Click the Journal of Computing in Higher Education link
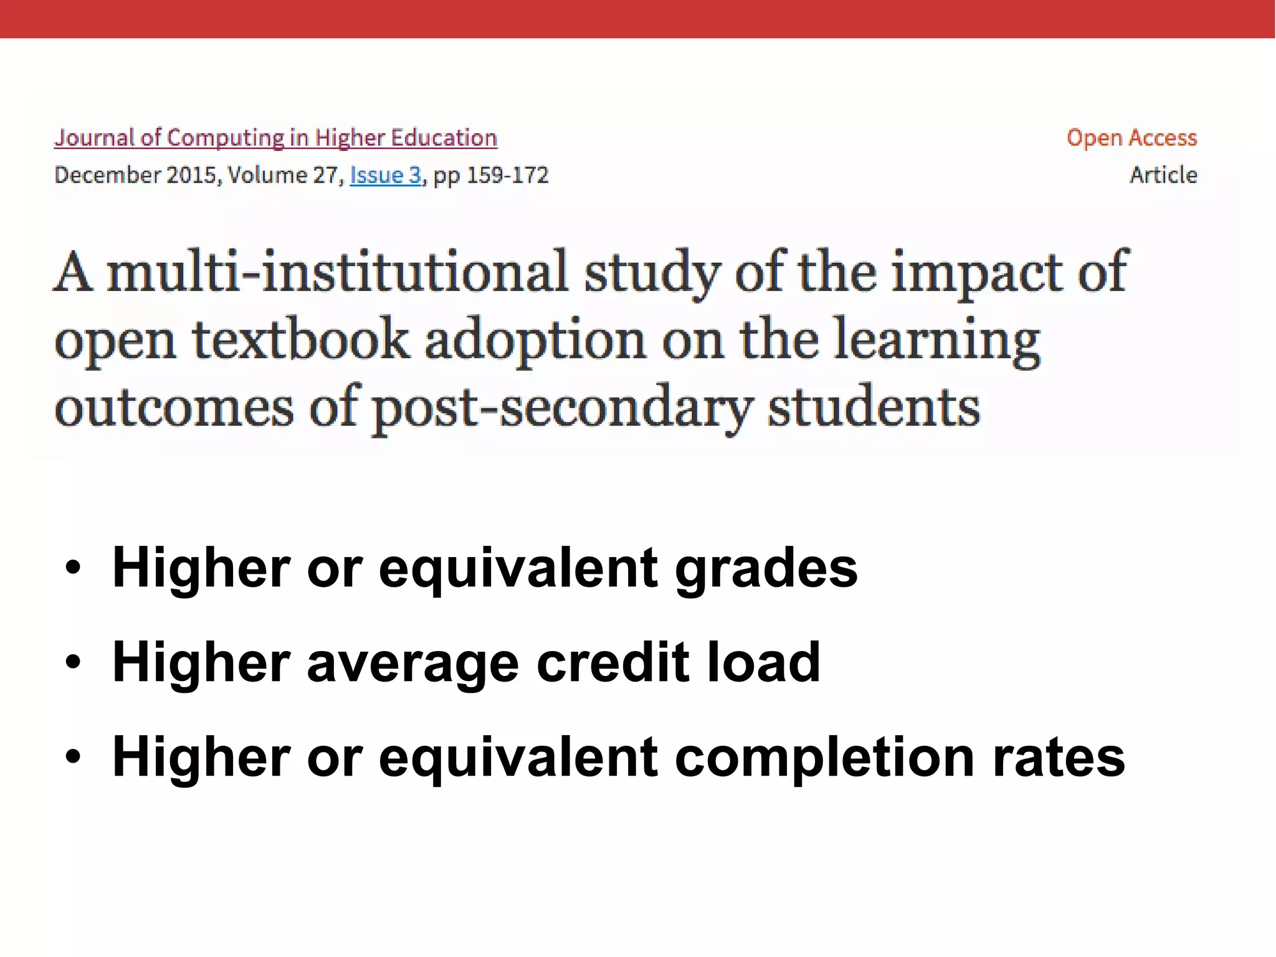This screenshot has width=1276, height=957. pyautogui.click(x=275, y=138)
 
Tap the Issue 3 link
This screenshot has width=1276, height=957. pyautogui.click(x=386, y=175)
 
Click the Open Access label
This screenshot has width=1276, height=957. pyautogui.click(x=1131, y=138)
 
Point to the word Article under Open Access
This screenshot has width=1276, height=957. pyautogui.click(x=1163, y=175)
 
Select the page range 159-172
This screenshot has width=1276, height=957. pyautogui.click(x=507, y=175)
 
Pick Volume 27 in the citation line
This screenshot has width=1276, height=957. pyautogui.click(x=283, y=175)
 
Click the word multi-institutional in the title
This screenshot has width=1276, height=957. pyautogui.click(x=337, y=272)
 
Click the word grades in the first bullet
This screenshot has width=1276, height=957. pyautogui.click(x=766, y=568)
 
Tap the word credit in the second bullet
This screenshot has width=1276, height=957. pyautogui.click(x=613, y=662)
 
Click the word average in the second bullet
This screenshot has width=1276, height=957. pyautogui.click(x=412, y=662)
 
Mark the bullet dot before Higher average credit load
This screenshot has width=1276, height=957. pyautogui.click(x=73, y=663)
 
